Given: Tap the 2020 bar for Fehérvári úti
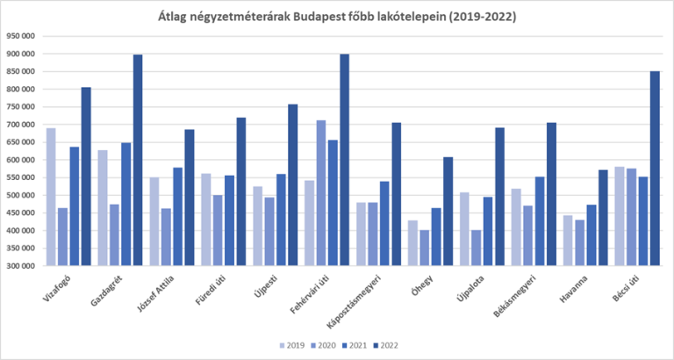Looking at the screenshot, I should coord(321,193).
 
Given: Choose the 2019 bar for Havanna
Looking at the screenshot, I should coord(569,240).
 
